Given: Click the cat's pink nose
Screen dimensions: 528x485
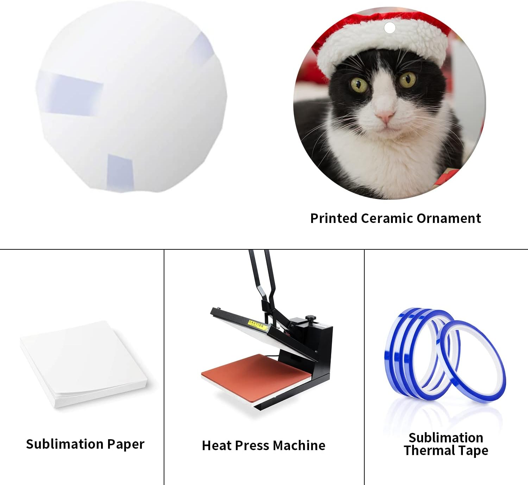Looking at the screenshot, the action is [x=385, y=115].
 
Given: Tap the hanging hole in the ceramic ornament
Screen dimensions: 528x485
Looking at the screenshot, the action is [x=390, y=28].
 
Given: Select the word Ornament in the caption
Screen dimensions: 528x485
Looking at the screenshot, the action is [x=449, y=218].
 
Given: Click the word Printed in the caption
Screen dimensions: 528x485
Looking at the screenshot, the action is [x=334, y=218].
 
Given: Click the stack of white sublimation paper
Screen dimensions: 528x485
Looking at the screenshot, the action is [x=84, y=364].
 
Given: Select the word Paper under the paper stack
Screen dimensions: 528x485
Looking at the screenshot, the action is [x=126, y=444].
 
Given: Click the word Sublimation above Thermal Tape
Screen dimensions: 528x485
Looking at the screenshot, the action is [x=446, y=438].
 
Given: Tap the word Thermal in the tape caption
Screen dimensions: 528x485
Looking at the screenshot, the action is [x=428, y=450].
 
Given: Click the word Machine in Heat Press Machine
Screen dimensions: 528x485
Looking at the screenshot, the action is [x=299, y=446].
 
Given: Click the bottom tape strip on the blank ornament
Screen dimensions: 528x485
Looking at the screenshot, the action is [x=120, y=170].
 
